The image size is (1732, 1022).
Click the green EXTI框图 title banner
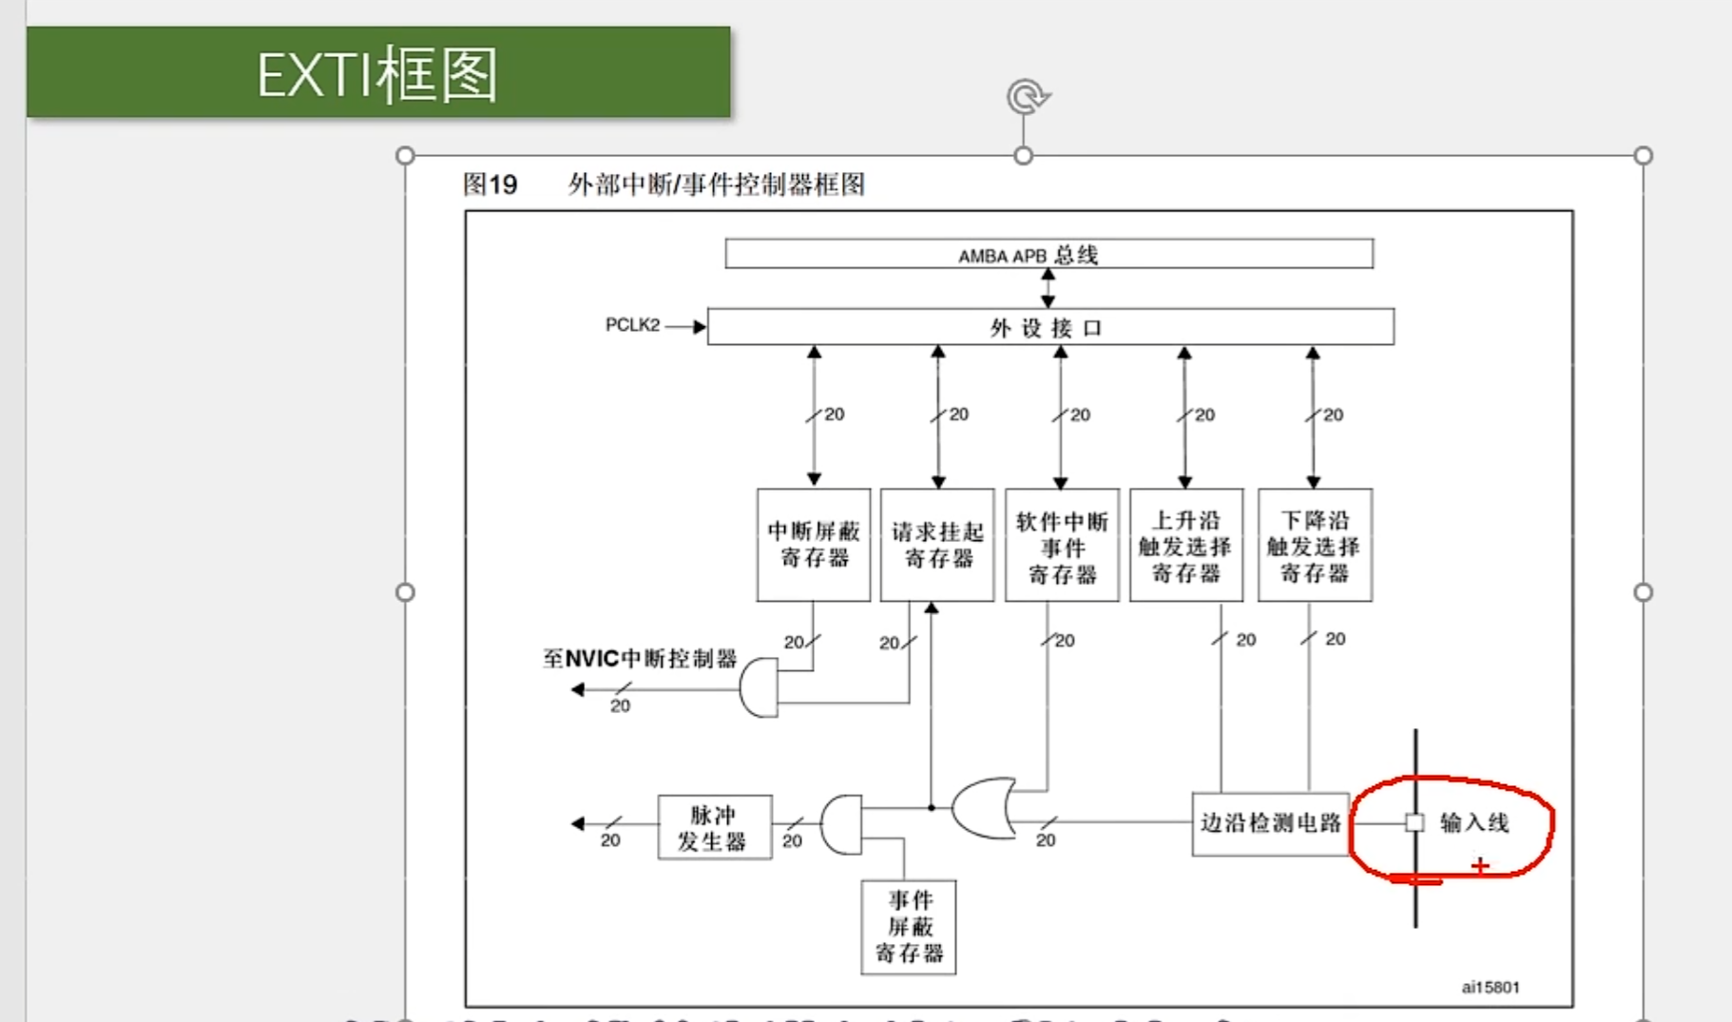[378, 72]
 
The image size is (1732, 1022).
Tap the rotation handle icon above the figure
[1027, 97]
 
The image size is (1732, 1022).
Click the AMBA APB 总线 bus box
[1049, 254]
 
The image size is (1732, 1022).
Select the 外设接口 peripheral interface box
[1050, 327]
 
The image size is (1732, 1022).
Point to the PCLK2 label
[632, 325]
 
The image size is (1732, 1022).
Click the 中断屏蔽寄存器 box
[814, 545]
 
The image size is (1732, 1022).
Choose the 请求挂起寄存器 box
[937, 545]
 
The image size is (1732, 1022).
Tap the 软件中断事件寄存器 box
[1062, 546]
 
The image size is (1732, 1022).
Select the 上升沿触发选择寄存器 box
[1185, 546]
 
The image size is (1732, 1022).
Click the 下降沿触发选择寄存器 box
[1315, 546]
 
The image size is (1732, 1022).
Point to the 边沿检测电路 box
[1270, 823]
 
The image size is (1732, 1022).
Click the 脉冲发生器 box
[714, 827]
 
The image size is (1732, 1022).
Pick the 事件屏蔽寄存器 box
[909, 927]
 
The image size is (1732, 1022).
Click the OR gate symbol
[985, 808]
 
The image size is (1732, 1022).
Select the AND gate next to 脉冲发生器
[841, 824]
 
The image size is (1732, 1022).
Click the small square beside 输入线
[1414, 823]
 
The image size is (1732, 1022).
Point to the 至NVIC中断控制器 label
[640, 659]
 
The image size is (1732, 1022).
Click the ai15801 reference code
[1490, 987]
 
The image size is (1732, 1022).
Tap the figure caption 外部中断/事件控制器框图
[716, 184]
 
